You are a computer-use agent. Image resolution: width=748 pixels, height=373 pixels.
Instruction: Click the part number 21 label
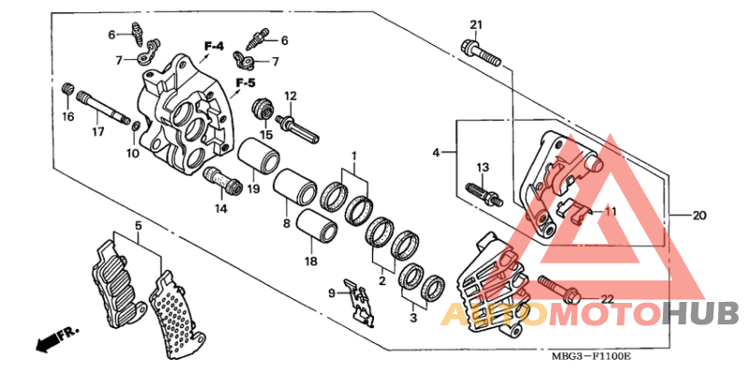coord(475,24)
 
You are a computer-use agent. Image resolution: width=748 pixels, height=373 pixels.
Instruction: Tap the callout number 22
coord(606,298)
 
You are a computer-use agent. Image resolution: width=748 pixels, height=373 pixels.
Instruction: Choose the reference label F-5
coord(246,84)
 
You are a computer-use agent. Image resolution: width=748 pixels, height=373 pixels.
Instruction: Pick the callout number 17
coord(96,132)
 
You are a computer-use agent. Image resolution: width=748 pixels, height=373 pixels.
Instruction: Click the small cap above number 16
coord(66,90)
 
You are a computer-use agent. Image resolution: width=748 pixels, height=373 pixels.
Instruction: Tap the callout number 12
coord(290,95)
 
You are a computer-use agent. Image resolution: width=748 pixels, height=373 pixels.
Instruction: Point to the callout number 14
coord(221,208)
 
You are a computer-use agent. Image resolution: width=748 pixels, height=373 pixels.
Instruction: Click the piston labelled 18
coord(314,228)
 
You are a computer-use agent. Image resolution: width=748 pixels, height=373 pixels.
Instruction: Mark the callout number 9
coord(331,294)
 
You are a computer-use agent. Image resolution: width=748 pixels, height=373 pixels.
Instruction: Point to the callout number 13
coord(482,167)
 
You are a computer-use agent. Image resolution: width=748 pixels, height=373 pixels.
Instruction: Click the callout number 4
coord(436,151)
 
